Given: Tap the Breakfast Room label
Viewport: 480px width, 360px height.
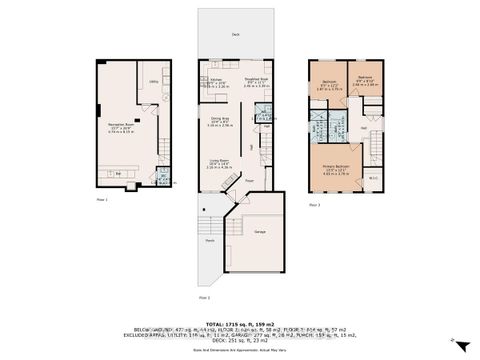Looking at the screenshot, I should pyautogui.click(x=256, y=82).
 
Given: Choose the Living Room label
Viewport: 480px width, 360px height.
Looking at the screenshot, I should pyautogui.click(x=219, y=163).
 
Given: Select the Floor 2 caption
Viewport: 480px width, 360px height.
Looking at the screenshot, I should pyautogui.click(x=203, y=297).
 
